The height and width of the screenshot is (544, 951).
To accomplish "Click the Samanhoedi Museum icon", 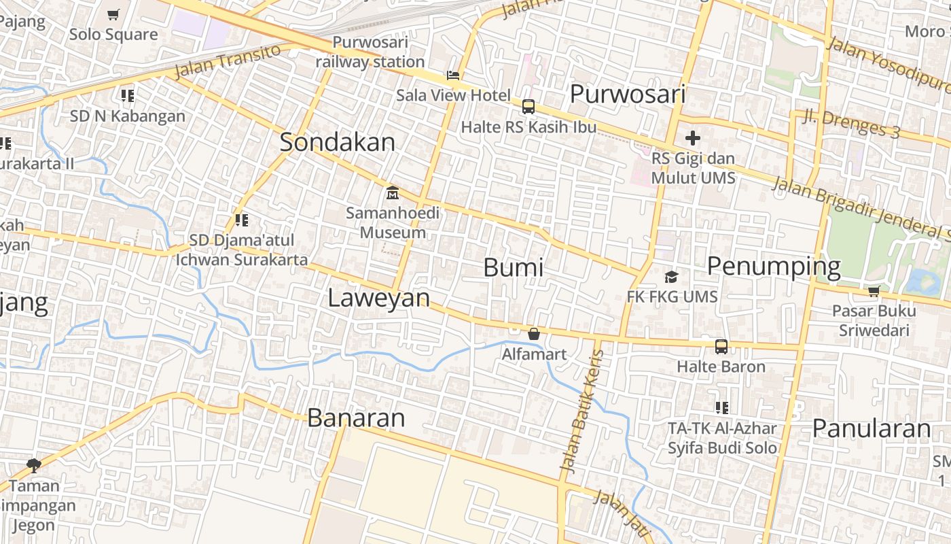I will tap(392, 193).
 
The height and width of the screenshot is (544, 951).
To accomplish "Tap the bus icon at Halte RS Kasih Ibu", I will tap(528, 107).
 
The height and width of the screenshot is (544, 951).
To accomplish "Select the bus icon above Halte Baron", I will tap(721, 347).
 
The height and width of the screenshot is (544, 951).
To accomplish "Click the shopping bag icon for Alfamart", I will tap(534, 334).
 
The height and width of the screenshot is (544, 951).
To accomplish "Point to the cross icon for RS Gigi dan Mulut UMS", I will tap(693, 139).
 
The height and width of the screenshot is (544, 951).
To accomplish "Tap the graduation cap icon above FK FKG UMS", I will tap(671, 277).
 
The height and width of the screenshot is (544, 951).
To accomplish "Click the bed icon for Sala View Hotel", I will tap(453, 75).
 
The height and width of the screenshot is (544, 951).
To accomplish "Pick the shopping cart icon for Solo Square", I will tap(113, 14).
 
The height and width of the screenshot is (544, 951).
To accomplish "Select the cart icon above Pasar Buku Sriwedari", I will tap(874, 292).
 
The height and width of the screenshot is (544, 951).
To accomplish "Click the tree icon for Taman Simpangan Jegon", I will tap(34, 466).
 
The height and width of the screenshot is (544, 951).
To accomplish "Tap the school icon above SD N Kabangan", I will tap(127, 96).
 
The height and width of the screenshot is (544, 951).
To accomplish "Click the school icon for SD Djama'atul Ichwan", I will tap(241, 220).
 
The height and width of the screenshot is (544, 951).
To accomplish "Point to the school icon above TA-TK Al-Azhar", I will tap(722, 408).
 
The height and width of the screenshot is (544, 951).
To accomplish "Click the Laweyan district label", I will tap(379, 298).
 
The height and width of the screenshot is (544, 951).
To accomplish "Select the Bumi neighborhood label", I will tap(514, 267).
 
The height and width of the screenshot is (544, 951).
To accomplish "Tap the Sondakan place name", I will tap(338, 142).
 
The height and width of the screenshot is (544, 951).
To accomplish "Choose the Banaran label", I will tap(356, 418).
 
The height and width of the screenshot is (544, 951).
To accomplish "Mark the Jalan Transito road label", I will tap(228, 61).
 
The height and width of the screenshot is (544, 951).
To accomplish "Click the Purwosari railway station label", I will tap(370, 52).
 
